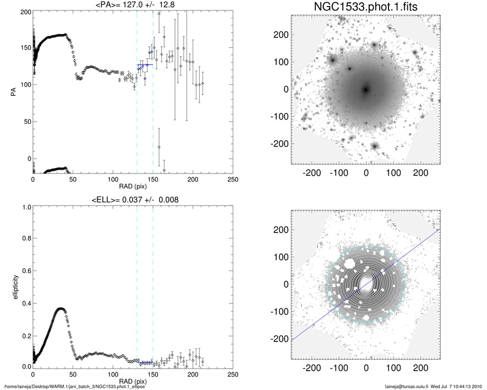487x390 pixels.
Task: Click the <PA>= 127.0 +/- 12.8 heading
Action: pos(132,5)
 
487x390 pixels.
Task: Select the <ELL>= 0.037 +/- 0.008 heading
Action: pos(132,199)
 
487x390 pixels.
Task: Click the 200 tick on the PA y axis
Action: pos(24,11)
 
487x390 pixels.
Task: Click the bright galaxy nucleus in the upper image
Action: pos(366,89)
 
